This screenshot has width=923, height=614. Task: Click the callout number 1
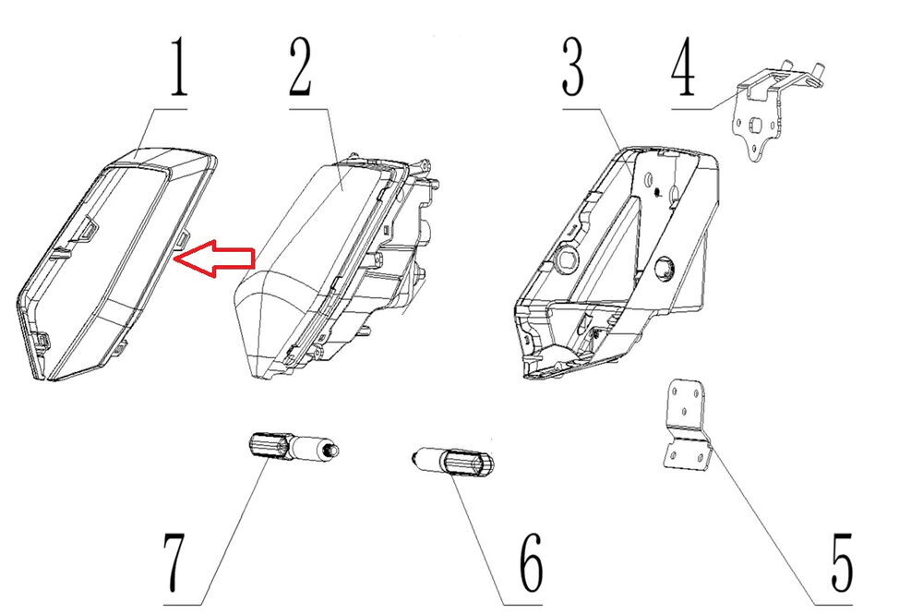coord(179,66)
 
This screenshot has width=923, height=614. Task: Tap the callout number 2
coord(301,66)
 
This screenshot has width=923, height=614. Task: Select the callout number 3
coord(573,66)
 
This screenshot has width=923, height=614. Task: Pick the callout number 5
coord(842,562)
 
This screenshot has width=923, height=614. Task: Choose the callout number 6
coord(532,562)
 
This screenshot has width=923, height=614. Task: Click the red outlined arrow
coord(215,258)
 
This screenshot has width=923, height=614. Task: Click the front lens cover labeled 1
coord(114,262)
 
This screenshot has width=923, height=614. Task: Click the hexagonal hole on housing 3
coord(569,255)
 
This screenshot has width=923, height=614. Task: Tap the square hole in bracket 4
coord(753,125)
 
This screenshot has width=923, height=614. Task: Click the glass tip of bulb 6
coord(418,456)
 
